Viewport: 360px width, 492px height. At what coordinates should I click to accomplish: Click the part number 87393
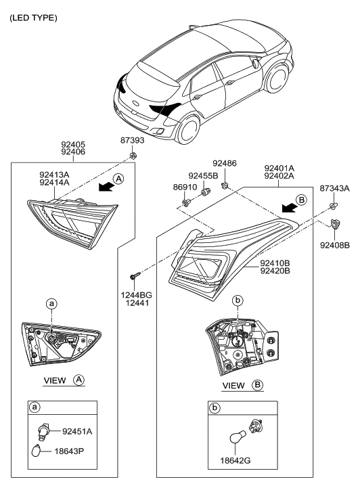[132, 140]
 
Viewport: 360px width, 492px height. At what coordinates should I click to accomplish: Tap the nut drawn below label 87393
[133, 156]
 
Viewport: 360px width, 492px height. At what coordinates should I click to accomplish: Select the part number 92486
[225, 163]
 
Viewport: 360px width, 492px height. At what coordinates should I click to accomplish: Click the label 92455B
[203, 176]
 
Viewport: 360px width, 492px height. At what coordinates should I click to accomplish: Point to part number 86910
[185, 187]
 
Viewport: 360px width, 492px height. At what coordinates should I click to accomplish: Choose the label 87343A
[334, 188]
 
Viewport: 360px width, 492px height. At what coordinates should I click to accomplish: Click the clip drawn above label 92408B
[335, 224]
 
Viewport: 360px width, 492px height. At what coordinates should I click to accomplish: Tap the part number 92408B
[335, 246]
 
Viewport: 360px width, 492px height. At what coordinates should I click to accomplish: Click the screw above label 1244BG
[135, 276]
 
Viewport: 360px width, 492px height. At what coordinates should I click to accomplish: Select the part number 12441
[137, 303]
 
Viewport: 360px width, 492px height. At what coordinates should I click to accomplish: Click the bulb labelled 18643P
[37, 451]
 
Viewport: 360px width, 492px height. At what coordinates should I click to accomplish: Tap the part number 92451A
[77, 432]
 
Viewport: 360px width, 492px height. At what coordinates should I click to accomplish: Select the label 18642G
[235, 461]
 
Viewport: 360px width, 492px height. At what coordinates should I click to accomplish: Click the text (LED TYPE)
[33, 18]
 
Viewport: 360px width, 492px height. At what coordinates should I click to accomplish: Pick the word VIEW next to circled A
[55, 380]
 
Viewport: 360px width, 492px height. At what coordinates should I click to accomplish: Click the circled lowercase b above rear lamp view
[238, 300]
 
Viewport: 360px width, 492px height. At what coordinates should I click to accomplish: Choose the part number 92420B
[275, 271]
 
